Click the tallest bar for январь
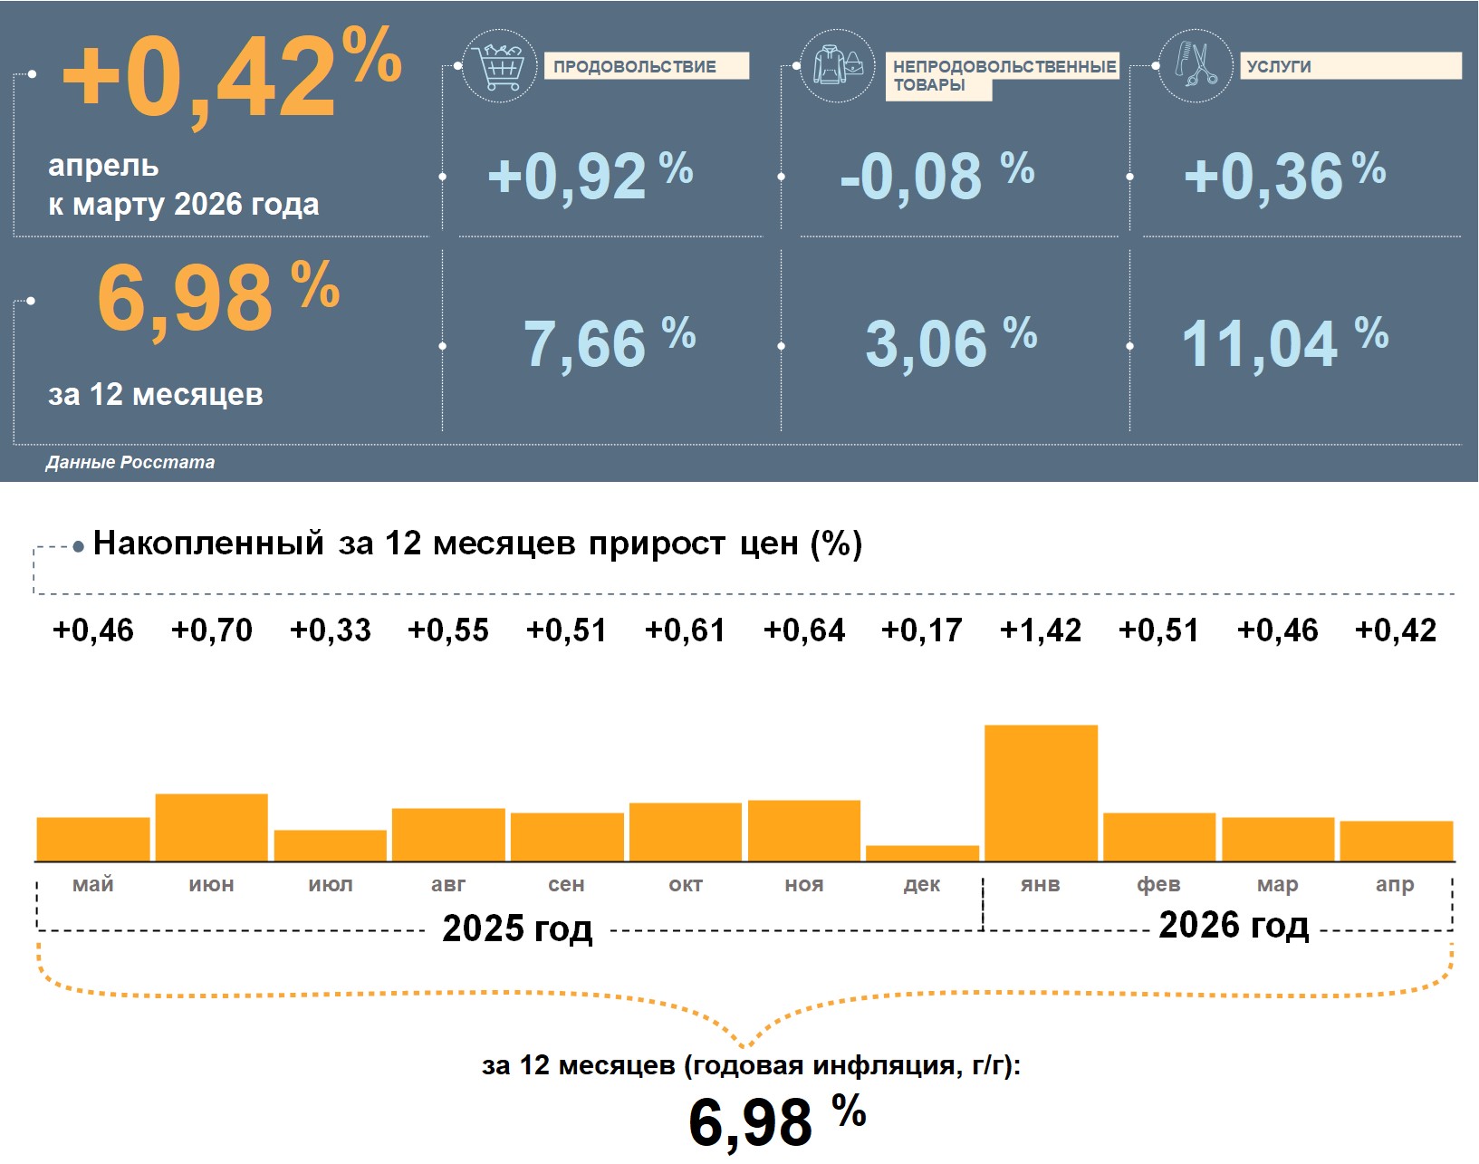pos(1041,793)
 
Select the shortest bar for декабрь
pos(922,853)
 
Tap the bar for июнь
pos(212,827)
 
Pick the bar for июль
pos(331,845)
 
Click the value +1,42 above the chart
pos(1041,630)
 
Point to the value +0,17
pos(922,630)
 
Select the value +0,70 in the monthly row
pos(212,630)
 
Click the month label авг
pos(448,884)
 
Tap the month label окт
pos(686,884)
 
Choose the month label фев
pos(1158,884)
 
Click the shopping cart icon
pos(500,66)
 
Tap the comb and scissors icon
pos(1196,66)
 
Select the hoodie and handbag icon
pos(838,66)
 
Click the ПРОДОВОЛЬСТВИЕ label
pos(634,67)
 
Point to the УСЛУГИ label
pos(1279,67)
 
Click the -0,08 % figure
pos(936,176)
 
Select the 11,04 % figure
pos(1284,342)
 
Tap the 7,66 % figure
pos(610,342)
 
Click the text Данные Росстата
pos(130,462)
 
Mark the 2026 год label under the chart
pos(1234,925)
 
